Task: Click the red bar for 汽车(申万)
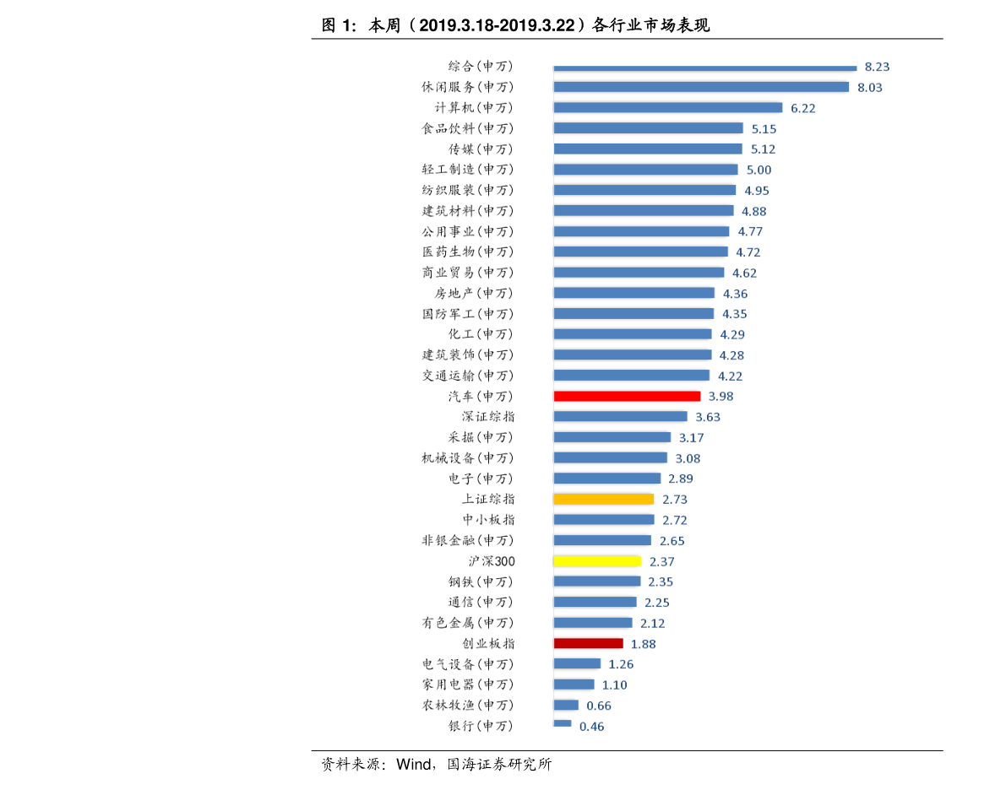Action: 627,397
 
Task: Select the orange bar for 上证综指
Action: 604,499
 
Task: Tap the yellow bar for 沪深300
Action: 597,561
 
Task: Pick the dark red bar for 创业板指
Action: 589,643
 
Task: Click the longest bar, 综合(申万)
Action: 705,68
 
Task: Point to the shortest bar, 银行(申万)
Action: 562,723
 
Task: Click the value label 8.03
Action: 870,88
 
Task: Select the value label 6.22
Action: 803,108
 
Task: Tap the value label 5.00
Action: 759,170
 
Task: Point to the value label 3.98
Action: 721,397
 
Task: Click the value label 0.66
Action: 599,706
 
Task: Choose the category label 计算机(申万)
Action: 474,108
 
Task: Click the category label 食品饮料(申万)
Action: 468,128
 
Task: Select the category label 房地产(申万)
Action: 474,293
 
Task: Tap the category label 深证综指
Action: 488,417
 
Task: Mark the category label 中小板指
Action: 488,519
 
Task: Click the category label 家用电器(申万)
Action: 468,684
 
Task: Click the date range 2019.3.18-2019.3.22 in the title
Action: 498,25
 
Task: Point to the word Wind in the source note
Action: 414,764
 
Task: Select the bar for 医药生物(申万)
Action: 641,252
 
